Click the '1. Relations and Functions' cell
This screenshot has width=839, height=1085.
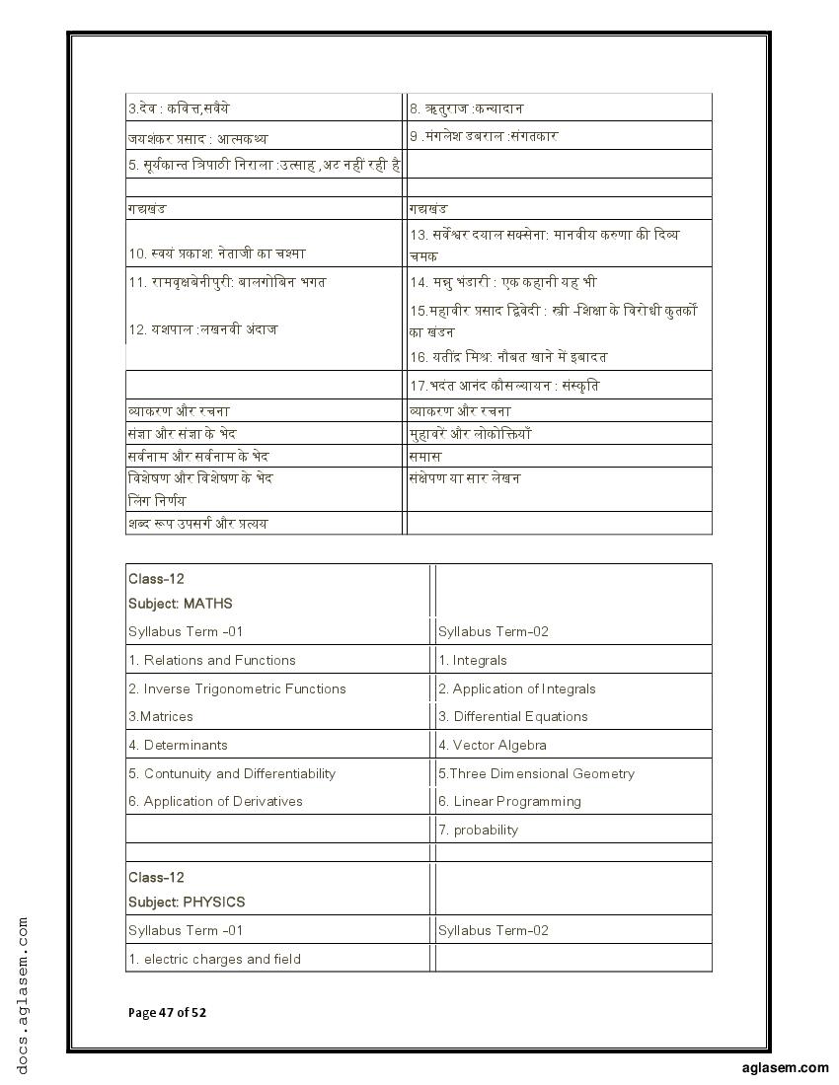point(211,660)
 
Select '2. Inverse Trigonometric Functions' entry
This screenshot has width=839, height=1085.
point(237,688)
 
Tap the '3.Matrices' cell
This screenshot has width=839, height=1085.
point(161,716)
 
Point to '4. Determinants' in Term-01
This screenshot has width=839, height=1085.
point(178,745)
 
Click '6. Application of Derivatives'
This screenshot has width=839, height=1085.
point(215,801)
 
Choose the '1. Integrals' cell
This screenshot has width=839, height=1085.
point(473,660)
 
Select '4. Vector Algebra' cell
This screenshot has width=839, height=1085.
point(493,745)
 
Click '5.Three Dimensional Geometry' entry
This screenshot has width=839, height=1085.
point(536,773)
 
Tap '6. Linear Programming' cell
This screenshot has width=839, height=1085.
point(509,801)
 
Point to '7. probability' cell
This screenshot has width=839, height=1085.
point(479,830)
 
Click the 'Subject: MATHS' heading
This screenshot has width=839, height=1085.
point(180,603)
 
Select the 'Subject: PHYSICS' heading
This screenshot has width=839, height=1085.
point(187,902)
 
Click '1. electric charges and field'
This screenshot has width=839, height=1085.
point(214,959)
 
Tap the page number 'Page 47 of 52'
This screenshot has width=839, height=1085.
point(167,1012)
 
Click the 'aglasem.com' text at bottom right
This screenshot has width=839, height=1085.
point(785,1067)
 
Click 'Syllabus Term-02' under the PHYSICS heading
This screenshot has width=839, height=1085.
point(494,930)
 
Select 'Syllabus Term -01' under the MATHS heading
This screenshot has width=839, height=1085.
point(186,631)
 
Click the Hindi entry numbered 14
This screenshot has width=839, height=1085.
point(502,282)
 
